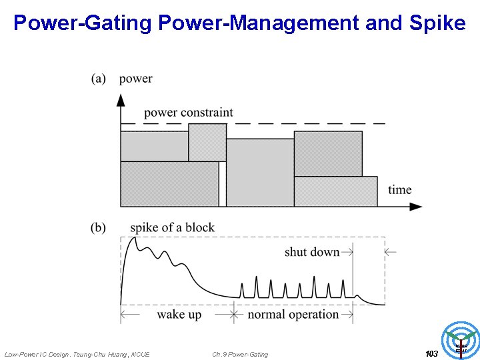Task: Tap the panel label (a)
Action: click(x=99, y=79)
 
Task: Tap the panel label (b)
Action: click(x=99, y=228)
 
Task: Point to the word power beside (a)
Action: click(x=136, y=79)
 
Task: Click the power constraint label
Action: click(x=189, y=112)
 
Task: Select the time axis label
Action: click(x=400, y=190)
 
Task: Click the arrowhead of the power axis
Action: click(x=121, y=100)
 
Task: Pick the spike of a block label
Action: click(x=172, y=228)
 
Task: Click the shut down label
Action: click(x=312, y=252)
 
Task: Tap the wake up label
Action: click(x=179, y=314)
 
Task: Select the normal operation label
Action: click(x=293, y=314)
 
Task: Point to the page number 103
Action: click(x=431, y=354)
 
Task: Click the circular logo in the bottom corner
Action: click(x=461, y=339)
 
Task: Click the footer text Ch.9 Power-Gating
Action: click(x=240, y=355)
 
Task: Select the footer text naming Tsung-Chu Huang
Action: click(x=77, y=355)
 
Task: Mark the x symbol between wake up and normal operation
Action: click(x=234, y=314)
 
